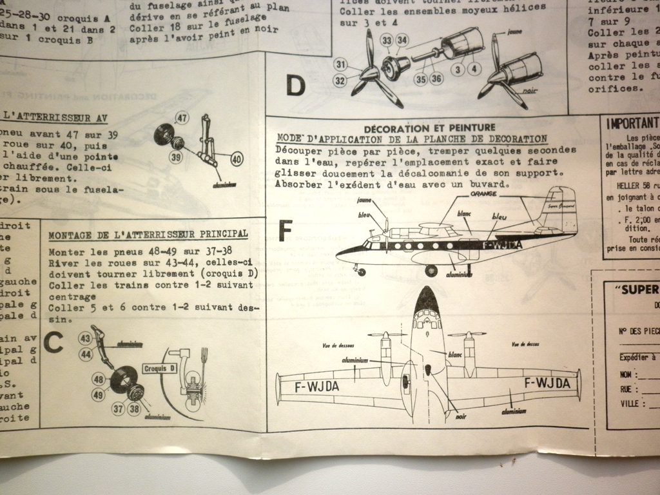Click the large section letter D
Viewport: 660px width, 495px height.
point(295,86)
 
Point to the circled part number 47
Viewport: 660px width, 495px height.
point(182,118)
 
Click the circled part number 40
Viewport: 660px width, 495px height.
point(237,159)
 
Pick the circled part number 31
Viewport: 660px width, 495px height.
point(340,64)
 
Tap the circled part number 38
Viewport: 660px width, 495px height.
point(134,409)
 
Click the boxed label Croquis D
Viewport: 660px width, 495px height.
point(159,369)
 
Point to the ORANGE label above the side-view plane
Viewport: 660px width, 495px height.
point(483,193)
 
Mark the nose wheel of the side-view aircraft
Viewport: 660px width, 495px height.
point(361,272)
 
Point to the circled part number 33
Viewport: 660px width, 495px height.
point(387,40)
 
